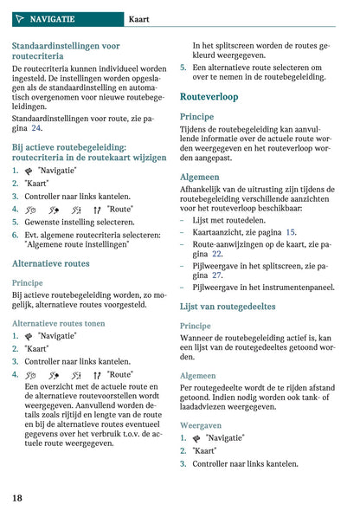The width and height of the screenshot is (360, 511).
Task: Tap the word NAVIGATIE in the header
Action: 53,18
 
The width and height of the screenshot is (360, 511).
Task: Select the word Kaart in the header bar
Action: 140,18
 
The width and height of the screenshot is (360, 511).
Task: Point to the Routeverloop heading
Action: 209,97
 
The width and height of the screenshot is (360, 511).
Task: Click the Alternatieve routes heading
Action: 50,263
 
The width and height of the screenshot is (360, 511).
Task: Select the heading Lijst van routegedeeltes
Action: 228,306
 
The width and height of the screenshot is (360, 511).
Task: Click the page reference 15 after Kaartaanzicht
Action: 290,232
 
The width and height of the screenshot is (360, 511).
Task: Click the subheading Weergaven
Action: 201,425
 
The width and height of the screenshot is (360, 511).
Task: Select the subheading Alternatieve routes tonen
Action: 60,322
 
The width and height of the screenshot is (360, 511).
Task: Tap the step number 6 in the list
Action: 15,234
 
